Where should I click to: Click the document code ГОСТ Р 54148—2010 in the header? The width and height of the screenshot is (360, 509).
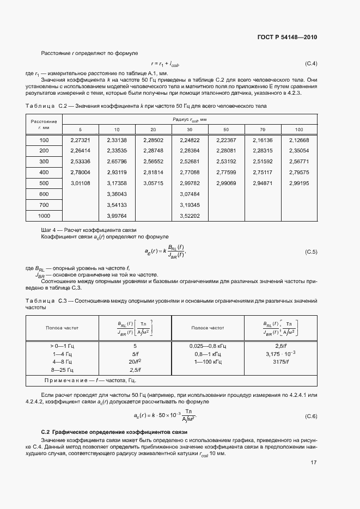286,38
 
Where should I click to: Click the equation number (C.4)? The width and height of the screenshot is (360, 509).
310,64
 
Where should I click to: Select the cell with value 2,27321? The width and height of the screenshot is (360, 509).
80,140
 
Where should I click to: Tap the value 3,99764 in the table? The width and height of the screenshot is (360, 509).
117,216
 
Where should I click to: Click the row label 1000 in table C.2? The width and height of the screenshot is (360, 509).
44,216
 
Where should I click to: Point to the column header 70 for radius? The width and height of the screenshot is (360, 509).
263,130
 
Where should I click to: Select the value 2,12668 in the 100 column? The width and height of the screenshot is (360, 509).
299,140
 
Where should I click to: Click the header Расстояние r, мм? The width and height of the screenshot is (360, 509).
44,124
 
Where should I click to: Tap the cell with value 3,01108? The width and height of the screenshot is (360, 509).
80,183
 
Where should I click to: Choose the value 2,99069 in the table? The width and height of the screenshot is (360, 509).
226,183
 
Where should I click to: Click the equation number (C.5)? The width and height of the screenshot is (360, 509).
310,253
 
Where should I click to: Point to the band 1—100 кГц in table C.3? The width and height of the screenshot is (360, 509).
208,361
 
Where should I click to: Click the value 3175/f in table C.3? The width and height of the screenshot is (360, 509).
281,361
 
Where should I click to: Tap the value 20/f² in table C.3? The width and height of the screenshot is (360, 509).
135,361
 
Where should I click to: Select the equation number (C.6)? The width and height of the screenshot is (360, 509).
310,416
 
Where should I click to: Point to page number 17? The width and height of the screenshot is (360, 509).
313,463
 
